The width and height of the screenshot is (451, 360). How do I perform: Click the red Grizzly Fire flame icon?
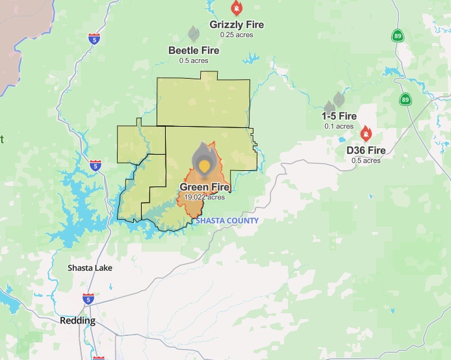237,8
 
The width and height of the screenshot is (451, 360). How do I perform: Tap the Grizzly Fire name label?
237,25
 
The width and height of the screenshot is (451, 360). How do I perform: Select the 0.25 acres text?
237,34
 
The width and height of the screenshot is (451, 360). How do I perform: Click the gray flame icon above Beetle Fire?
194,33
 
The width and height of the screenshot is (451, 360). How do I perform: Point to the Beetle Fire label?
194,50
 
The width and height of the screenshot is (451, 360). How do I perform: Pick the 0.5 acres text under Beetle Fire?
194,60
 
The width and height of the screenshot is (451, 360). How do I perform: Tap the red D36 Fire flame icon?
366,134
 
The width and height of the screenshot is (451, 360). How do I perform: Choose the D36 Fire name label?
366,150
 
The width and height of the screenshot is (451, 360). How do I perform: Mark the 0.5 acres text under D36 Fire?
366,161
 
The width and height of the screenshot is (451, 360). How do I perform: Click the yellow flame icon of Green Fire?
205,165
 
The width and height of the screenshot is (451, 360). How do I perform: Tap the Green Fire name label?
205,187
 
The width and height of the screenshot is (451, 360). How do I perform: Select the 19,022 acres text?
205,197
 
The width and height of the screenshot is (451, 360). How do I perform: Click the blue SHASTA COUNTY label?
227,220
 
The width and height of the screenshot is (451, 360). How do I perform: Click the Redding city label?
77,320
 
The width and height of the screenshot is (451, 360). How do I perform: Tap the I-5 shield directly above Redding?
88,298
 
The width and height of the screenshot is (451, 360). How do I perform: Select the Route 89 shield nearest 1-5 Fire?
406,99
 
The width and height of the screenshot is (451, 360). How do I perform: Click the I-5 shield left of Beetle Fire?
95,38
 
